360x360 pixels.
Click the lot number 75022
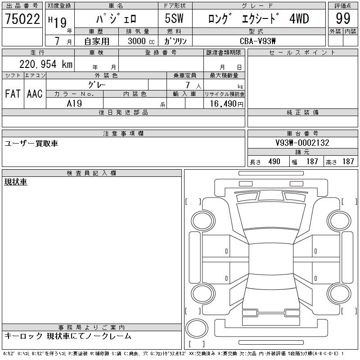pyautogui.click(x=22, y=18)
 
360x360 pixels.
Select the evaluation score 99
pyautogui.click(x=343, y=18)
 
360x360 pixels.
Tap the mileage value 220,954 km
pyautogui.click(x=46, y=64)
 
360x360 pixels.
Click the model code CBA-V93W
pyautogui.click(x=257, y=41)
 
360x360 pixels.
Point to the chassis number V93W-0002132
pyautogui.click(x=302, y=143)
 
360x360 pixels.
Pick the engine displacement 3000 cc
pyautogui.click(x=141, y=41)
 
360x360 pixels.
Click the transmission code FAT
pyautogui.click(x=13, y=94)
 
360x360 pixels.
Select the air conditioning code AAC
pyautogui.click(x=35, y=94)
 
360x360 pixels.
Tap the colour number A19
pyautogui.click(x=74, y=103)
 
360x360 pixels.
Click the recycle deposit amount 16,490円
pyautogui.click(x=227, y=104)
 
